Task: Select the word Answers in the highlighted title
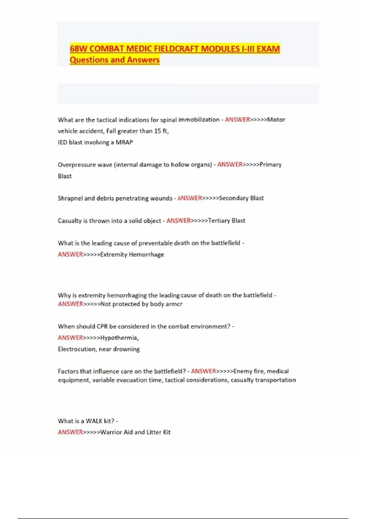click(143, 60)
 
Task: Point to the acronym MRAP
click(124, 142)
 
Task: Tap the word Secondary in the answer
click(233, 198)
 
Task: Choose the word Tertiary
click(219, 221)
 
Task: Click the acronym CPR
click(102, 326)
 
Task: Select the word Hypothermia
click(119, 338)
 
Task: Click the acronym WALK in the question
click(94, 421)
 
